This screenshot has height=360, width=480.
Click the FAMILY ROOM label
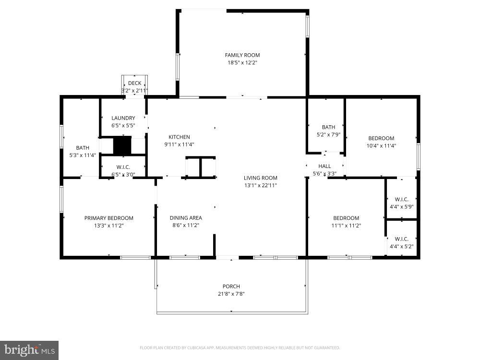click(242, 55)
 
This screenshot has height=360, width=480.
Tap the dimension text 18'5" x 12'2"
click(242, 62)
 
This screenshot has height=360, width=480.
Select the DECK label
click(134, 84)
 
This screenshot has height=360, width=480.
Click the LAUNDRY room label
click(123, 118)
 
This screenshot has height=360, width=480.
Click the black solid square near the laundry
click(122, 145)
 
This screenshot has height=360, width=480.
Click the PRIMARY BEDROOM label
click(108, 218)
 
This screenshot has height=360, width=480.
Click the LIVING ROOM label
click(260, 178)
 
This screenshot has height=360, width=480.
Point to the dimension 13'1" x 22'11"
click(260, 185)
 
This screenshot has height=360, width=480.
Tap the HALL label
click(324, 166)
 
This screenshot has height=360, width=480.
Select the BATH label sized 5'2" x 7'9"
click(328, 127)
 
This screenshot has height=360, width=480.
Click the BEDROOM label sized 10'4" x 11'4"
click(381, 138)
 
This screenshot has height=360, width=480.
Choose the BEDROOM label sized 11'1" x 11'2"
click(346, 218)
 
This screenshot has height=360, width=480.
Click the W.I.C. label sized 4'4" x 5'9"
click(401, 199)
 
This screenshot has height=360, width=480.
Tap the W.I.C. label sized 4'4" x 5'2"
click(401, 239)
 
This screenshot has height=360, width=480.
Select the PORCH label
click(231, 287)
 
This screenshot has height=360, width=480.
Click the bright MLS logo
click(29, 350)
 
